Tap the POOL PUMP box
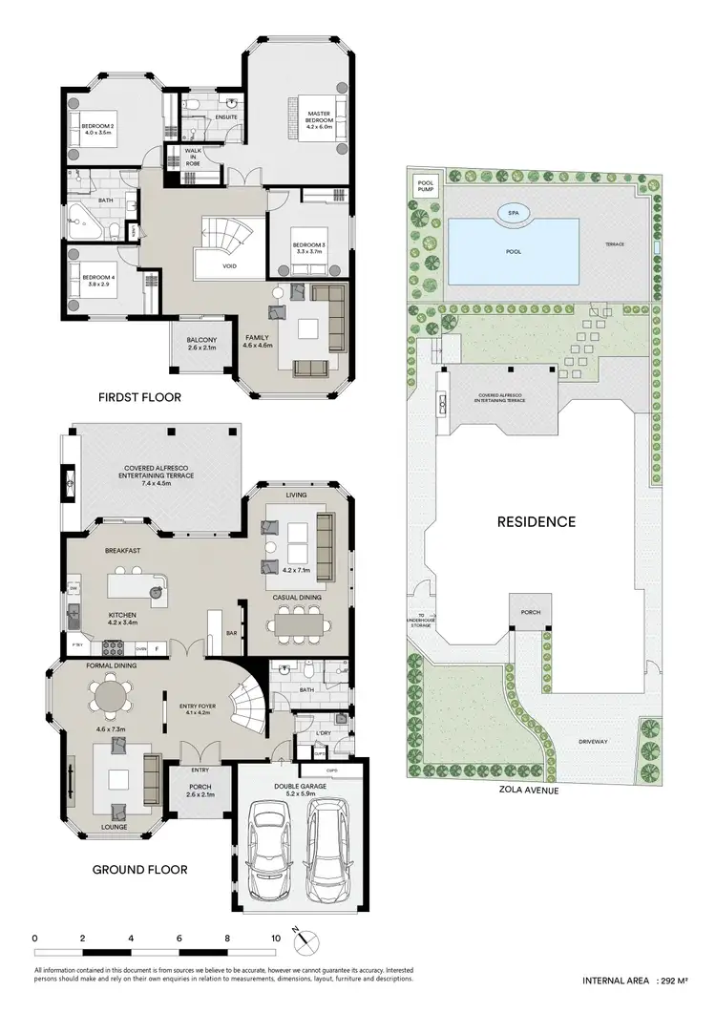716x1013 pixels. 424,185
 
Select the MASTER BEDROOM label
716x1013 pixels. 318,119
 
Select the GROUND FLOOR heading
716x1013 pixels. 139,869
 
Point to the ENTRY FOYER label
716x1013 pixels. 200,707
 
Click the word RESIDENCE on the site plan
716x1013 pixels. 536,522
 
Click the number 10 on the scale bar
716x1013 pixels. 275,939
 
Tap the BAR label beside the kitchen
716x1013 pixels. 230,633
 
